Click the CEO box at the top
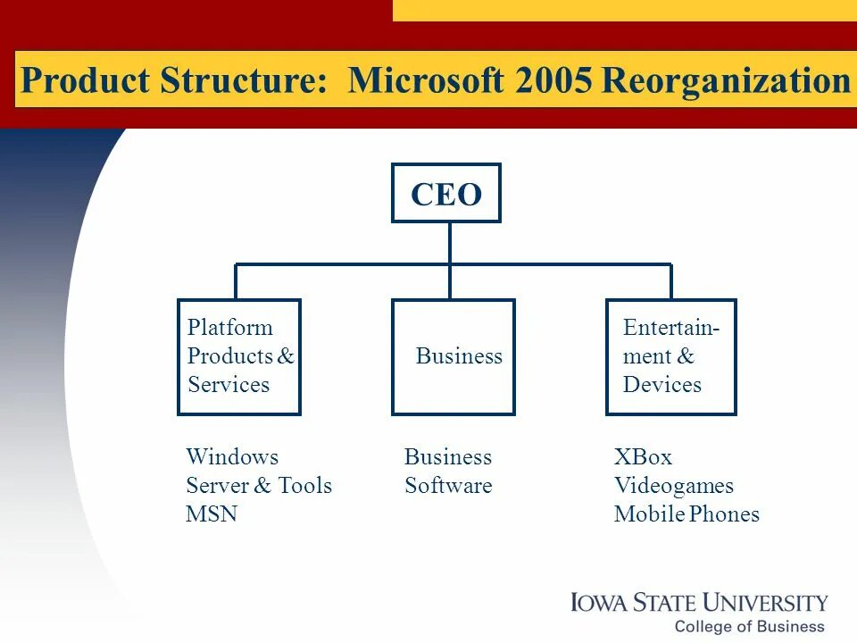446,193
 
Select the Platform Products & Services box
239,357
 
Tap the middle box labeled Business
453,357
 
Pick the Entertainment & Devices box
671,357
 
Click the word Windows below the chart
232,457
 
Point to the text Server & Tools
259,486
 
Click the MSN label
212,514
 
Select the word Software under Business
448,486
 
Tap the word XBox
643,457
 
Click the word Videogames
674,486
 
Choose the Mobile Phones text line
686,514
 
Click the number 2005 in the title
553,80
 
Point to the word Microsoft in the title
427,80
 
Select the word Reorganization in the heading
726,80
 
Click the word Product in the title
85,80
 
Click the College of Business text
749,626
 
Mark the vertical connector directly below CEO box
450,243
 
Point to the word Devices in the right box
662,385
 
